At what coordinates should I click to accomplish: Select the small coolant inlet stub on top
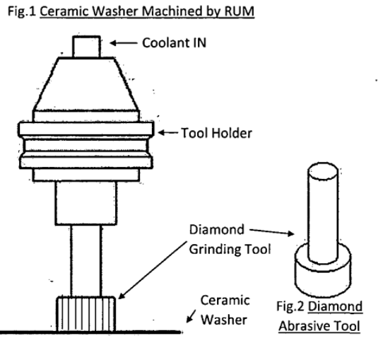pyautogui.click(x=88, y=45)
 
